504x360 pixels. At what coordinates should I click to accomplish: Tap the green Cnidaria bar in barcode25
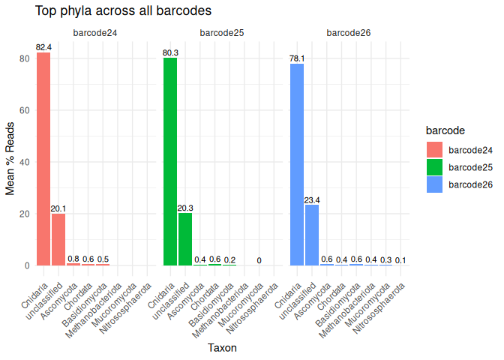tap(170, 161)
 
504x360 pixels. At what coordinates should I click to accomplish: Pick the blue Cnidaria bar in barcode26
tap(297, 164)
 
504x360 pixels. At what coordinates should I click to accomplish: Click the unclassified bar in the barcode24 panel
tap(58, 239)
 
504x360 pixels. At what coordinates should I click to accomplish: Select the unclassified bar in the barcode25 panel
tap(185, 239)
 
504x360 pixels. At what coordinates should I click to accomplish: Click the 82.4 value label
tap(43, 48)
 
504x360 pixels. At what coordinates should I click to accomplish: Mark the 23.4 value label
tap(312, 200)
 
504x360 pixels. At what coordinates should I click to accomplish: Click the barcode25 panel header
tap(222, 33)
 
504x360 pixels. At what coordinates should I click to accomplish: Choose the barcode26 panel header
tap(349, 33)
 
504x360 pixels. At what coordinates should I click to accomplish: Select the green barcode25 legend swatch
tap(435, 166)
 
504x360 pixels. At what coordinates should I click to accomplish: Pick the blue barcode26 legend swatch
tap(435, 184)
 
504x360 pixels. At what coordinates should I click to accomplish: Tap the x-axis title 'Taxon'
tap(222, 347)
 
